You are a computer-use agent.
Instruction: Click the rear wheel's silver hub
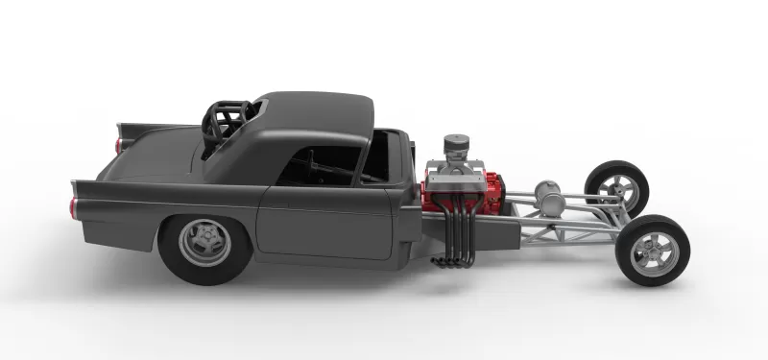coord(204,242)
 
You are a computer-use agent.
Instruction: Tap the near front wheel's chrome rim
coord(655,251)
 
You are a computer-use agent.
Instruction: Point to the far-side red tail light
coord(118,145)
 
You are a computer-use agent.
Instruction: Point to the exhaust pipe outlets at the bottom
coord(451,261)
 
